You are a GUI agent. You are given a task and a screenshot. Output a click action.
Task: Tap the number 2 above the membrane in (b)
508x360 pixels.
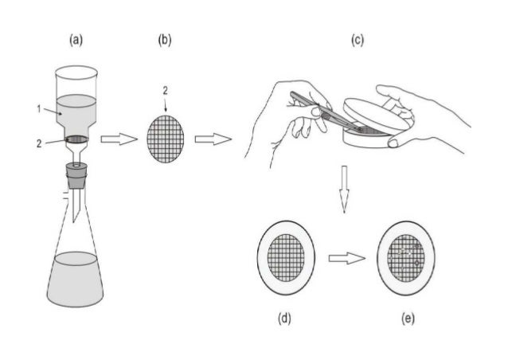point(166,92)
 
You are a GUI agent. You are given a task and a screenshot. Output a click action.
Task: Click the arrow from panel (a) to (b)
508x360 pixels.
point(118,139)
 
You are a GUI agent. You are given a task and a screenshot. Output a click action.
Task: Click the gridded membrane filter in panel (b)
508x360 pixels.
point(166,136)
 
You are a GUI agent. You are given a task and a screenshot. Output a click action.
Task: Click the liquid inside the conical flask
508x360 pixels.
point(76,279)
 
